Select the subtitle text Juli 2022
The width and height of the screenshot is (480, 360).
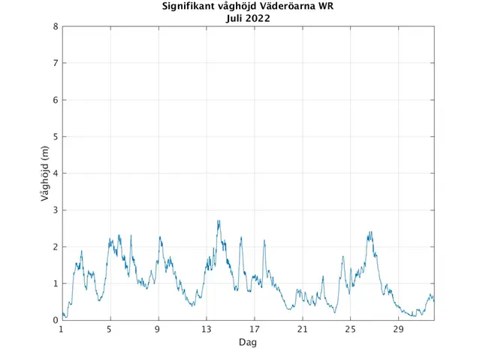pos(248,19)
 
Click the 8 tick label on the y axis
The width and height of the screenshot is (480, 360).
pos(56,26)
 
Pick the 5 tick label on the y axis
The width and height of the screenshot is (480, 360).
pos(56,137)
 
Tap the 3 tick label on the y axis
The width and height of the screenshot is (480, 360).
pos(56,210)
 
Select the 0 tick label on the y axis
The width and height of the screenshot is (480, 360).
pos(56,321)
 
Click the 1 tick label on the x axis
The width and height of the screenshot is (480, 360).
pos(62,329)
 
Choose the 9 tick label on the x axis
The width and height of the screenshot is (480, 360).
pos(158,329)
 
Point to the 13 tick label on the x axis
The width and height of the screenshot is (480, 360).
pos(206,329)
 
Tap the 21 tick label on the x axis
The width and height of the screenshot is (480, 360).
pos(302,329)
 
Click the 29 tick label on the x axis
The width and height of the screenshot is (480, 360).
pos(398,329)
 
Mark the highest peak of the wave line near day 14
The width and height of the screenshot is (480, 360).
pos(219,221)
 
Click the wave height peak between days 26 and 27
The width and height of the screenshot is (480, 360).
pos(370,232)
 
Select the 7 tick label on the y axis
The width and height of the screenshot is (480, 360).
pos(56,63)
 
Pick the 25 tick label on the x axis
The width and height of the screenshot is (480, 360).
pos(350,329)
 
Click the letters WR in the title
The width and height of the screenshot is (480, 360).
pos(325,8)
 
